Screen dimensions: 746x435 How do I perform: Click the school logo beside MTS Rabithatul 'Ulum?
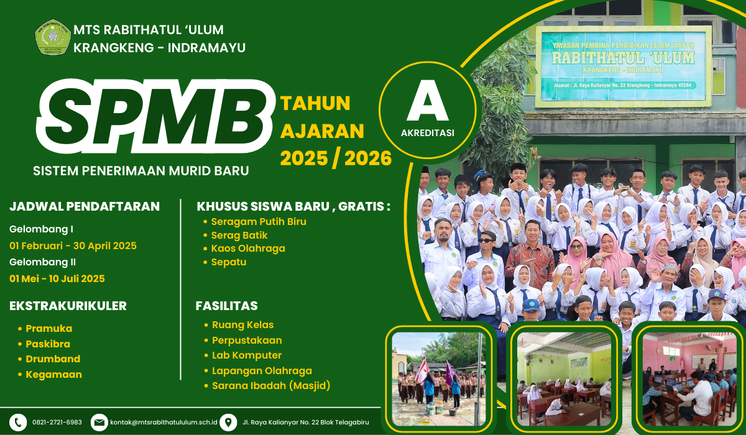[53, 37]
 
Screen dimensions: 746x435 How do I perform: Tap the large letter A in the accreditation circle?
[428, 100]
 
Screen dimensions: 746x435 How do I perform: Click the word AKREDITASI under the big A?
[428, 133]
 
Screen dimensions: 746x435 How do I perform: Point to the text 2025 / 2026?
[336, 158]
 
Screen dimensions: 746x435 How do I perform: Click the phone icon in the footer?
[18, 423]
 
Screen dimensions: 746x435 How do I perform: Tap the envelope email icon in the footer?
[99, 423]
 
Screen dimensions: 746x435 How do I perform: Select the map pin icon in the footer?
[228, 423]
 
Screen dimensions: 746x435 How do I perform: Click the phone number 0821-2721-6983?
[57, 423]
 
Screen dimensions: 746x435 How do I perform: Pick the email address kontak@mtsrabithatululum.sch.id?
[163, 423]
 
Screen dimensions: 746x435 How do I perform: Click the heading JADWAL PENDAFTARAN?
[85, 206]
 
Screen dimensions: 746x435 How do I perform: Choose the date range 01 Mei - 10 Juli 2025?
[57, 278]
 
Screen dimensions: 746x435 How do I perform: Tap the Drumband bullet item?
[53, 359]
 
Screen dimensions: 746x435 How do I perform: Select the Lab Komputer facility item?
[247, 355]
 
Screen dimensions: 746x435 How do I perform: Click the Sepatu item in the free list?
[229, 262]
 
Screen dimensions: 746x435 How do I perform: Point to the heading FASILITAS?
[227, 306]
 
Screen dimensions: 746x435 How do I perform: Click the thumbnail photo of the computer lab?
[689, 379]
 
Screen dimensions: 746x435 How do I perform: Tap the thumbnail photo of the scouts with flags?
[439, 379]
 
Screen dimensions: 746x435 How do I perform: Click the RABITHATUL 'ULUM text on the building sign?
[623, 58]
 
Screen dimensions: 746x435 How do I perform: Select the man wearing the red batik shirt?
[530, 256]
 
